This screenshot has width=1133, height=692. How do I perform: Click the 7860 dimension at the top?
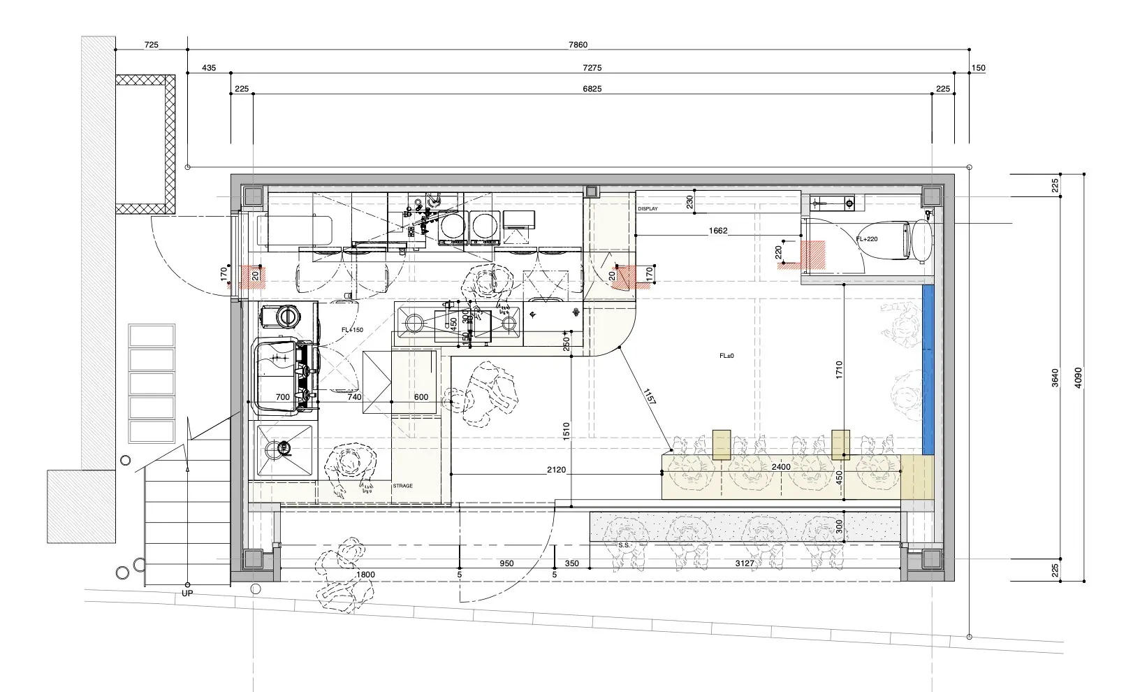pyautogui.click(x=578, y=45)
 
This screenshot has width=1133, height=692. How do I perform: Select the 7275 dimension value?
pyautogui.click(x=592, y=68)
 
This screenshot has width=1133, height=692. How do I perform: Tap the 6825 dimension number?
pyautogui.click(x=592, y=89)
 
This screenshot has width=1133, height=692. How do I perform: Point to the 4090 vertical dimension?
pyautogui.click(x=1078, y=377)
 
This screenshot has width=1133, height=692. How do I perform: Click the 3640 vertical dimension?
pyautogui.click(x=1055, y=377)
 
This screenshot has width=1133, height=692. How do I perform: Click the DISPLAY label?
pyautogui.click(x=648, y=208)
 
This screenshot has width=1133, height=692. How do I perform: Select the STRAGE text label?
pyautogui.click(x=402, y=486)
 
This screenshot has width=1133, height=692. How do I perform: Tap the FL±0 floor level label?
pyautogui.click(x=726, y=356)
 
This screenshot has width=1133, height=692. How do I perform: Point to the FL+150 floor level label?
pyautogui.click(x=352, y=330)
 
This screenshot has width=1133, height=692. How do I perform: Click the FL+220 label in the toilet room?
pyautogui.click(x=867, y=239)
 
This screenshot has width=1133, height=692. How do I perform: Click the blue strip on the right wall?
pyautogui.click(x=928, y=370)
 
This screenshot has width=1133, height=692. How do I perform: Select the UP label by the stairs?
pyautogui.click(x=187, y=593)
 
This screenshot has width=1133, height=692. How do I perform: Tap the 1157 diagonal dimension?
pyautogui.click(x=649, y=396)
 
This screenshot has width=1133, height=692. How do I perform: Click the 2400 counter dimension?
pyautogui.click(x=780, y=467)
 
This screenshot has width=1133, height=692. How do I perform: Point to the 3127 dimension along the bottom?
pyautogui.click(x=745, y=563)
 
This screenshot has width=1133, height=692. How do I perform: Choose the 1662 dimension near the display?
pyautogui.click(x=718, y=231)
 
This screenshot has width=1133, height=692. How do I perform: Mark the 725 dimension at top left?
pyautogui.click(x=152, y=45)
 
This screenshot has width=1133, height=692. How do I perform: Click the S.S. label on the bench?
pyautogui.click(x=624, y=545)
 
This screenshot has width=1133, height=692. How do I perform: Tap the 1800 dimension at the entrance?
pyautogui.click(x=365, y=575)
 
